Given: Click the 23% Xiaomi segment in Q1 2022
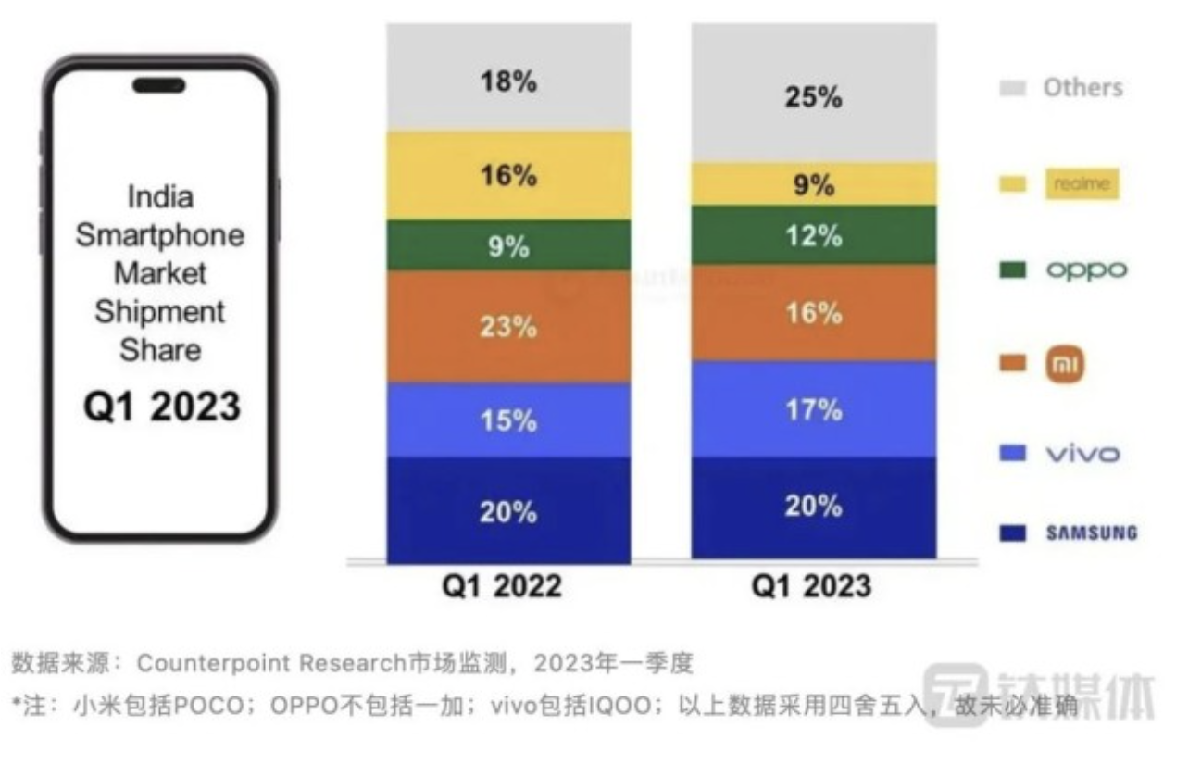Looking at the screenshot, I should click(x=508, y=327).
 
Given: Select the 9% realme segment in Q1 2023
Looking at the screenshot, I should click(x=813, y=185).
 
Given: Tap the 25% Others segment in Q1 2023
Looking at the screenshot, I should click(x=813, y=96).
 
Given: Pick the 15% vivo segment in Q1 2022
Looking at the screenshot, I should click(x=508, y=420).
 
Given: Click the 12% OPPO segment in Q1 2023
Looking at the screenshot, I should click(x=813, y=236).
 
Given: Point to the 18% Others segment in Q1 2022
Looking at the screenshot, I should click(x=508, y=81).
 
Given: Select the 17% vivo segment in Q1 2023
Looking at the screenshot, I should click(x=813, y=409).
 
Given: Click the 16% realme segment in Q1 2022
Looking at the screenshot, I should click(x=508, y=175).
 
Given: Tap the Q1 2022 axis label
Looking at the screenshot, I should click(x=501, y=586).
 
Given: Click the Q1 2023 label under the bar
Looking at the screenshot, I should click(x=811, y=586).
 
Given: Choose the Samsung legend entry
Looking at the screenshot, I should click(x=1092, y=533).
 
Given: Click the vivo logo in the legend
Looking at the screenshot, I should click(x=1082, y=454).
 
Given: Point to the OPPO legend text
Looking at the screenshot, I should click(x=1087, y=270).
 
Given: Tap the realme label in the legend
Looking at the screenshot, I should click(x=1082, y=184).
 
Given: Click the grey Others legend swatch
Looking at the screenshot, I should click(x=1013, y=89).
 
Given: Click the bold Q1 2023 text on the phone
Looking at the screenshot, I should click(x=162, y=407).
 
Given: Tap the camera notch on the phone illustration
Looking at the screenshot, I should click(x=158, y=86).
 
